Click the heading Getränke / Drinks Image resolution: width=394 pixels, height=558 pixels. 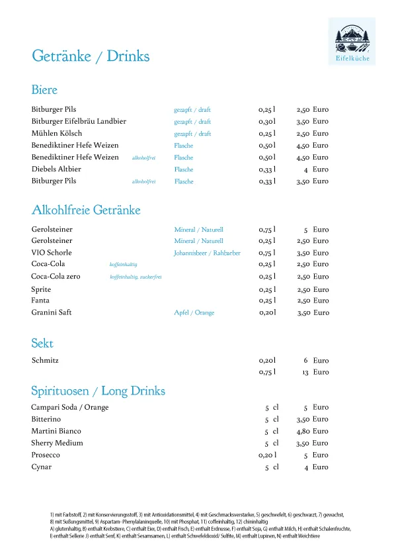pyautogui.click(x=91, y=56)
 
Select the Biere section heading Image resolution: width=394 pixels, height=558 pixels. pyautogui.click(x=44, y=90)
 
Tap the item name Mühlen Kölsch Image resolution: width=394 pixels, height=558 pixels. pyautogui.click(x=57, y=134)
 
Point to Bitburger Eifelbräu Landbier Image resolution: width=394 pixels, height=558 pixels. pyautogui.click(x=79, y=122)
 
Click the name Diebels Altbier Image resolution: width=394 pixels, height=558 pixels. pyautogui.click(x=56, y=169)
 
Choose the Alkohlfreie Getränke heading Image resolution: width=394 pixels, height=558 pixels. pyautogui.click(x=86, y=210)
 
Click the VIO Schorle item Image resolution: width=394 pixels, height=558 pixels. pyautogui.click(x=52, y=253)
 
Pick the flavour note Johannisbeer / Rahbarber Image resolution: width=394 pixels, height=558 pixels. pyautogui.click(x=207, y=253)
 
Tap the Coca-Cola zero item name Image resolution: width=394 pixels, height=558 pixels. pyautogui.click(x=56, y=277)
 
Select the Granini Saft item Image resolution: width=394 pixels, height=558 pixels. pyautogui.click(x=52, y=312)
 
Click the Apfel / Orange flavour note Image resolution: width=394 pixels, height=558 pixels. pyautogui.click(x=194, y=312)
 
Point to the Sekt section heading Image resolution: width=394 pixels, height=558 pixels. pyautogui.click(x=42, y=344)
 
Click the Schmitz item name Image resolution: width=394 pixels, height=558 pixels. pyautogui.click(x=46, y=361)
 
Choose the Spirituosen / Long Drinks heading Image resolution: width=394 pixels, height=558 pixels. pyautogui.click(x=98, y=391)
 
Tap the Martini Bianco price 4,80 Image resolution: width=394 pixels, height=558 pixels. pyautogui.click(x=303, y=432)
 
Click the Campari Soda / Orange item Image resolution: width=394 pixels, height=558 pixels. pyautogui.click(x=70, y=408)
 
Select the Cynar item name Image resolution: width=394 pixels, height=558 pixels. pyautogui.click(x=42, y=467)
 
